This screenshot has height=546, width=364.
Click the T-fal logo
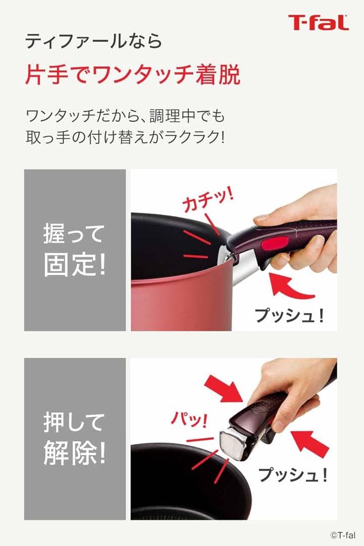[318, 23]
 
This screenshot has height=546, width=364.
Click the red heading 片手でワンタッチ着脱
[132, 74]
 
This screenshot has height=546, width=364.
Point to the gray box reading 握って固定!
[75, 250]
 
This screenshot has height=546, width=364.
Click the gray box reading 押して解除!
[75, 439]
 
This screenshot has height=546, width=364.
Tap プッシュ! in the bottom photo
[292, 474]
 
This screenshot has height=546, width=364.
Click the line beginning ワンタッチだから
[125, 115]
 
